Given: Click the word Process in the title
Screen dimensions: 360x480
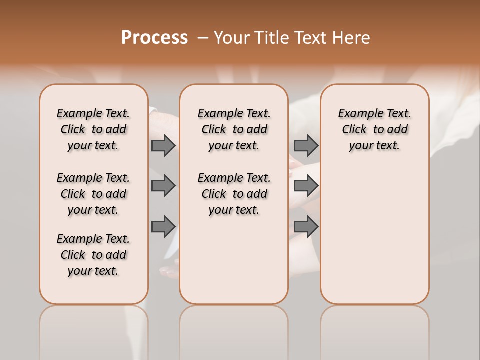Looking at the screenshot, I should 154,38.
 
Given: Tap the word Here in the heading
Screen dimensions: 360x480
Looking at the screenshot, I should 352,38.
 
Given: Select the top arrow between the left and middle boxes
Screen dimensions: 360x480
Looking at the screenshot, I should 163,145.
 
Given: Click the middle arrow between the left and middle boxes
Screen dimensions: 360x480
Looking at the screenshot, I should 163,186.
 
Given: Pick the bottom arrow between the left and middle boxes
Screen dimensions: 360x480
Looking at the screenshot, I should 163,227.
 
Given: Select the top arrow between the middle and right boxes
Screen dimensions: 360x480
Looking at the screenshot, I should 306,145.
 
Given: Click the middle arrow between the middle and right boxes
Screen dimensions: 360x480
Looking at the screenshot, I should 306,186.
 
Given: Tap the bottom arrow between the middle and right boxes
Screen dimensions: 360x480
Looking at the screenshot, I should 306,227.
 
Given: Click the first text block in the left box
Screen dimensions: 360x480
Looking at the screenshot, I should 93,129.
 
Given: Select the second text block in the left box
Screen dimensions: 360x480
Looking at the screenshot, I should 93,194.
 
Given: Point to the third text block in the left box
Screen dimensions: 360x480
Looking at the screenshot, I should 93,255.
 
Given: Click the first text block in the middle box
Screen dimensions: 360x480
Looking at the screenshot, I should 234,129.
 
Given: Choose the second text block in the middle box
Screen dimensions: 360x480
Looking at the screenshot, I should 234,194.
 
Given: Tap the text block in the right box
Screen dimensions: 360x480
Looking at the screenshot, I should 374,129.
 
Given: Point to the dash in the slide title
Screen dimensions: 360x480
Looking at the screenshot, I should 203,38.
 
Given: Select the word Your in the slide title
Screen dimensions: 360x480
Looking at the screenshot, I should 231,38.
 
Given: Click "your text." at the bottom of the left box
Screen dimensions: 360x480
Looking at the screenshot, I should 93,271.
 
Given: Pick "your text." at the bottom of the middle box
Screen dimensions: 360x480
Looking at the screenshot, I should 234,210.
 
